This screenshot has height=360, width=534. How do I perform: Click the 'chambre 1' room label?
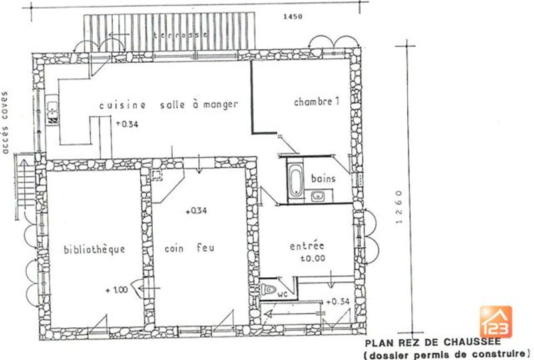(x=316, y=102)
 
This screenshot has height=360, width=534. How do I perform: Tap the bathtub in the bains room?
(x=296, y=180)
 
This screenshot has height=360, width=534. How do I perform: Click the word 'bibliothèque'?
(x=94, y=249)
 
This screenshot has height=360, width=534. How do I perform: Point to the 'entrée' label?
(x=307, y=246)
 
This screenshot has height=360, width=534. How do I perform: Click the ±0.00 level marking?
(x=313, y=258)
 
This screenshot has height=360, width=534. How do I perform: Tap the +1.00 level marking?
(x=117, y=290)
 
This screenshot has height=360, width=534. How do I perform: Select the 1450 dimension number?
(x=293, y=16)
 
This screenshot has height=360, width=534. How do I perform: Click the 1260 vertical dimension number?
(x=399, y=207)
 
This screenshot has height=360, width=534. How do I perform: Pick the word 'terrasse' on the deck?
(x=180, y=35)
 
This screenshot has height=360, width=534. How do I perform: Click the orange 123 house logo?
(x=495, y=322)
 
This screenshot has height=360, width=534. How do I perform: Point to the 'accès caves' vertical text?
(x=5, y=122)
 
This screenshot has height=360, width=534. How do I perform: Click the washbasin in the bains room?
(x=318, y=196)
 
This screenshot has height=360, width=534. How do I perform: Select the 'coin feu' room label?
(x=190, y=248)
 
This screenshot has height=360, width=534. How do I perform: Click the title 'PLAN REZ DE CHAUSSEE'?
(x=433, y=343)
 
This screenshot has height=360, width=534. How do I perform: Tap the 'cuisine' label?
(x=123, y=105)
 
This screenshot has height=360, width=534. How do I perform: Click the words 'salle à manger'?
(x=199, y=105)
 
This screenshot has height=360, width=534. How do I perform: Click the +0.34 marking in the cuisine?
(x=127, y=124)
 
